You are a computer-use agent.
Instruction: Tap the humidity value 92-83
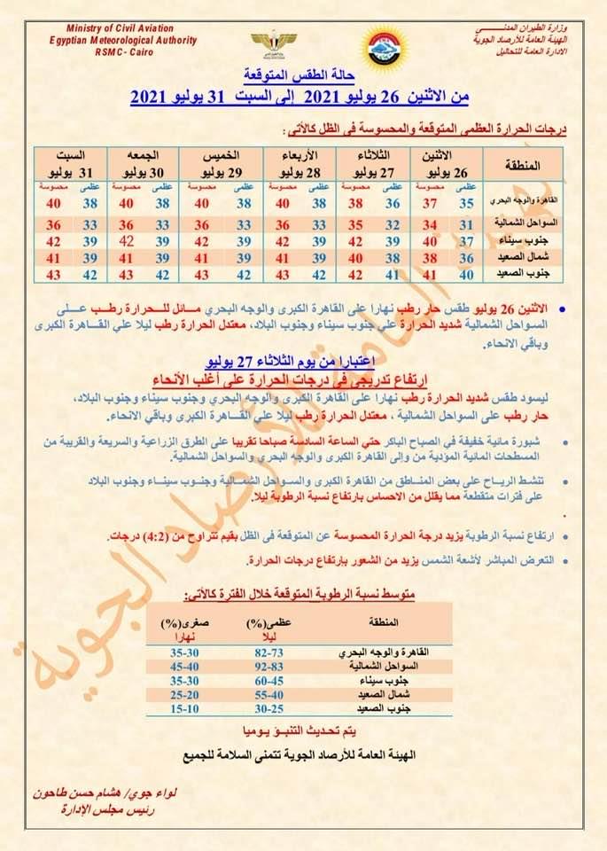tap(269, 665)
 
